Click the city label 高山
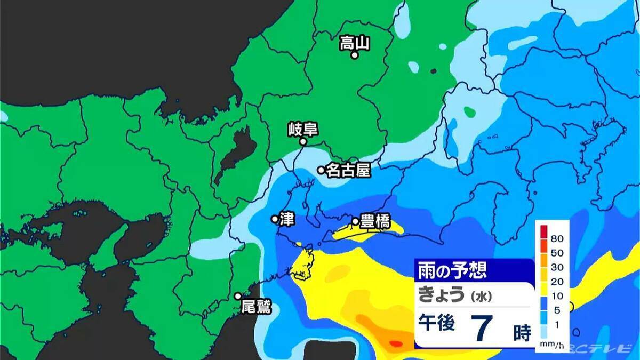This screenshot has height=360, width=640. tap(355, 42)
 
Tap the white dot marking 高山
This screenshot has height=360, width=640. tap(354, 54)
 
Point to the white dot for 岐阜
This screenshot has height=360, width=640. tap(302, 142)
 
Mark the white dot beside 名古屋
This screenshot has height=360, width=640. tap(321, 170)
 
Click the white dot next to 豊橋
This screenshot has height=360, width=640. tap(355, 221)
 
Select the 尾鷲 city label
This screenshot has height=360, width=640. tap(256, 307)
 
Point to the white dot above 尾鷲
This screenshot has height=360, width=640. tap(238, 296)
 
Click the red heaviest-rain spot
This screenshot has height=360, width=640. tap(396, 343)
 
